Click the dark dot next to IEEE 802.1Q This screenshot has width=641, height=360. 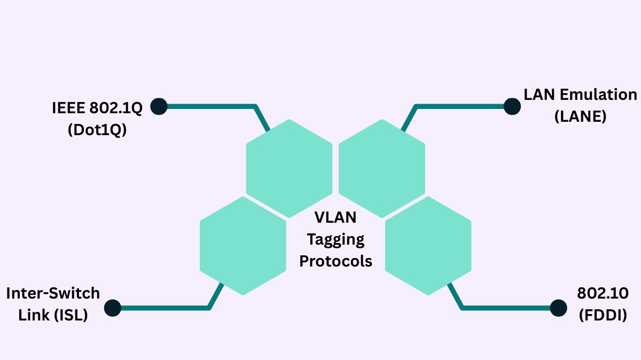[159, 106]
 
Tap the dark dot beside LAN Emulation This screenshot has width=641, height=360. [512, 106]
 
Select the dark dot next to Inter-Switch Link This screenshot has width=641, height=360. [113, 308]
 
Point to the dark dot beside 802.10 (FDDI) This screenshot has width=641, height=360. [558, 308]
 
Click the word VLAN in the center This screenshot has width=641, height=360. [335, 218]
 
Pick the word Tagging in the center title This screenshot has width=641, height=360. [335, 239]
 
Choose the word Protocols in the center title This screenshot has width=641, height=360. [335, 261]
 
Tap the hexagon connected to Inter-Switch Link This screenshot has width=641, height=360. [243, 246]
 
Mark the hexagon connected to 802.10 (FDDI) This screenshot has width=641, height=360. [428, 246]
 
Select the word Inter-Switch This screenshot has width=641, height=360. [53, 293]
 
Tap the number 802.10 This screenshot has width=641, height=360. [603, 293]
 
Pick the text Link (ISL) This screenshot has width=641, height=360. [53, 315]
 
